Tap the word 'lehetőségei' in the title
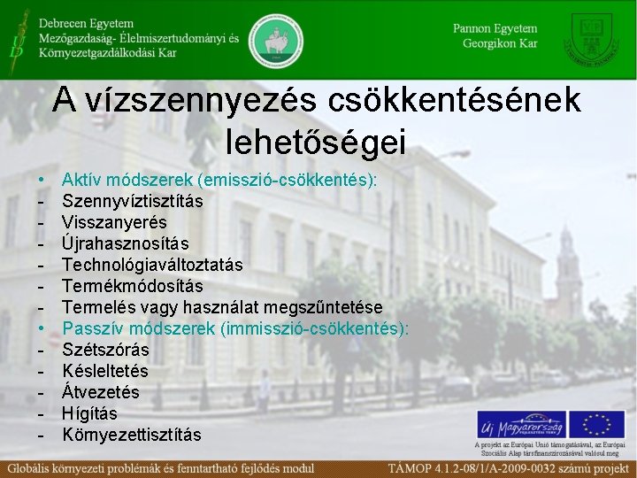point(316,140)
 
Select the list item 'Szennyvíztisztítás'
point(133,201)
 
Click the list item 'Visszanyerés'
point(114,222)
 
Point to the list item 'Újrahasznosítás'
point(126,243)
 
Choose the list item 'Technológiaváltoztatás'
point(152,265)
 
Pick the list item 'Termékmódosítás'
point(133,286)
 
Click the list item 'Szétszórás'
point(105,350)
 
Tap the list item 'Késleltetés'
point(105,371)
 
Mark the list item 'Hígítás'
point(89,413)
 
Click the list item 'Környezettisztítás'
point(132,435)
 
